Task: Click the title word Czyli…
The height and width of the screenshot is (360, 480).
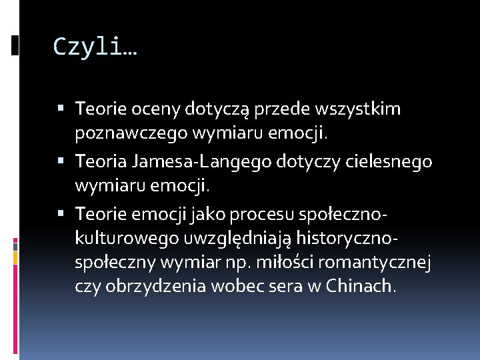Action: point(95,47)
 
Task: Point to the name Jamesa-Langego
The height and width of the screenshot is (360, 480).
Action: point(193,162)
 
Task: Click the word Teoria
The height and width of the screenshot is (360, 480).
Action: point(101,162)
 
